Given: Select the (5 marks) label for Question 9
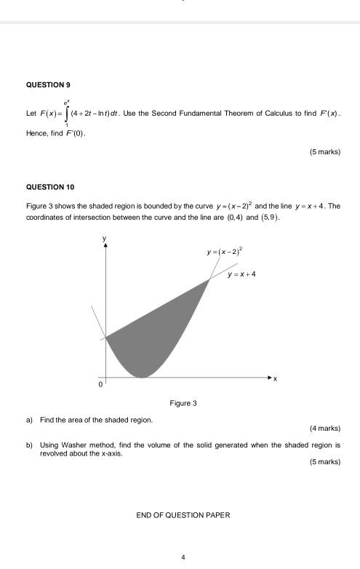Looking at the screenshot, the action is [324, 152].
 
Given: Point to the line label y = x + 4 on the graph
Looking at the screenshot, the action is [241, 274].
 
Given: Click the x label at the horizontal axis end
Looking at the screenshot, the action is [276, 379].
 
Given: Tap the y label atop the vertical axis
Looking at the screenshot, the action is [105, 238].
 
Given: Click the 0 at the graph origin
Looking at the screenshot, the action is [101, 383].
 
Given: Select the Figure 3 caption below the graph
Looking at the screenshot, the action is [183, 402].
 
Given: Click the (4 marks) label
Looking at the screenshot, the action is [324, 428].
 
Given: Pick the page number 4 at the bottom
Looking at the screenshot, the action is [183, 557].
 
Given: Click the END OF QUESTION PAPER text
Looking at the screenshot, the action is [183, 515].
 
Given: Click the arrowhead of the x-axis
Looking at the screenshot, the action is [269, 378].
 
